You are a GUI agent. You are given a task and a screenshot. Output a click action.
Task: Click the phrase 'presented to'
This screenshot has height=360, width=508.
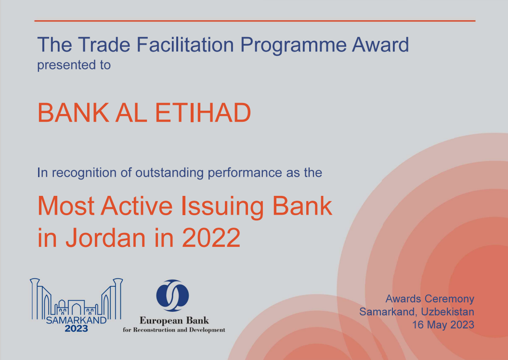pyautogui.click(x=74, y=65)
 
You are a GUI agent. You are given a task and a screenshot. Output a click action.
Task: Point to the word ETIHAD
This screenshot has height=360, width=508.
pyautogui.click(x=203, y=113)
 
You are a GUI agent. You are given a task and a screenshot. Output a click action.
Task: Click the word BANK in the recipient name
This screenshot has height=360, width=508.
pyautogui.click(x=73, y=113)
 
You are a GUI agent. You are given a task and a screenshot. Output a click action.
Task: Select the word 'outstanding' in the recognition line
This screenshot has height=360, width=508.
pyautogui.click(x=169, y=173)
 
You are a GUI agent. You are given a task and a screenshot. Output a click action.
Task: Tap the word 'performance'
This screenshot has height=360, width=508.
pyautogui.click(x=245, y=173)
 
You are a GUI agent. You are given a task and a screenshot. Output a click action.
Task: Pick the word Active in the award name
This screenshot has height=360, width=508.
pyautogui.click(x=137, y=206)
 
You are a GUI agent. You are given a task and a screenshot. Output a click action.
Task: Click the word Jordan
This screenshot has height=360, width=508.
pyautogui.click(x=106, y=237)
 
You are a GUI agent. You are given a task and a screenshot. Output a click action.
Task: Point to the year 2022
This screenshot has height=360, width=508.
pyautogui.click(x=211, y=237)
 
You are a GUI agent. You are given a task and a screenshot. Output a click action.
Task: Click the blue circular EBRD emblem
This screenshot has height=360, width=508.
pyautogui.click(x=172, y=295)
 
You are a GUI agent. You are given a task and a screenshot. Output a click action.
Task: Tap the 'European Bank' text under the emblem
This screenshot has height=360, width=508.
pyautogui.click(x=174, y=321)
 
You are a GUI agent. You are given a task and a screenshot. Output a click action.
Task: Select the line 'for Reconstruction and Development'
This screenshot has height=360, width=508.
pyautogui.click(x=174, y=330)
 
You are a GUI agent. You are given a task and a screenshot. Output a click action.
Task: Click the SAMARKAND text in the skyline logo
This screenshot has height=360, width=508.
pyautogui.click(x=76, y=320)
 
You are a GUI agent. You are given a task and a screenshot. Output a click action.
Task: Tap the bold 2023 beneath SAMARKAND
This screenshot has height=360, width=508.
pyautogui.click(x=77, y=329)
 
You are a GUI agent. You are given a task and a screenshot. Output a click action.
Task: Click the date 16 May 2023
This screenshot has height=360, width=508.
pyautogui.click(x=443, y=325)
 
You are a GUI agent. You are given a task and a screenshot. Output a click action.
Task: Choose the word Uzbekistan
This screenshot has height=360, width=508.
pyautogui.click(x=448, y=311)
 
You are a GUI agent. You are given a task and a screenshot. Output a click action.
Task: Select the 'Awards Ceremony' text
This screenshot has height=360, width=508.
pyautogui.click(x=430, y=299)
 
